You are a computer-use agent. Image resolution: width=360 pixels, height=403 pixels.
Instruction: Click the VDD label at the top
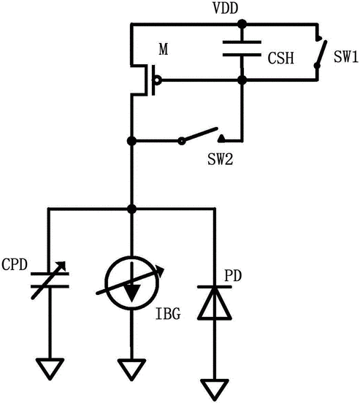point(226,9)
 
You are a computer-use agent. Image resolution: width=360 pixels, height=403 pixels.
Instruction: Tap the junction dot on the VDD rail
point(242,24)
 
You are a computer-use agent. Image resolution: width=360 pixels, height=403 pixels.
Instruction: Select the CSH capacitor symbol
point(242,48)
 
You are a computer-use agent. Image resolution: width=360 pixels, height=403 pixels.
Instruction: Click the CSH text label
point(281,58)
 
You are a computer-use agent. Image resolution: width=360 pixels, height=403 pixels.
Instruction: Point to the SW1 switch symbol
point(320,53)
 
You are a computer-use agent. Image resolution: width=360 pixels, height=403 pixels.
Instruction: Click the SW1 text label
point(346,56)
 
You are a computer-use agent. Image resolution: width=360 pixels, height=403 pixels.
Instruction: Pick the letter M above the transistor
point(164,50)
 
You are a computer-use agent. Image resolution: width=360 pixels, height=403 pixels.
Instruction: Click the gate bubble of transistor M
point(158,80)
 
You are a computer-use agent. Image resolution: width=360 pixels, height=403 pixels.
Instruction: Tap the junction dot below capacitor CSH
point(242,80)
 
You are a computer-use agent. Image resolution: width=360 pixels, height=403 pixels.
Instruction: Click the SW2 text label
point(220,159)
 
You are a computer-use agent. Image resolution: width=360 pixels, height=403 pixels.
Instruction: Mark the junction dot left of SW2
point(131,141)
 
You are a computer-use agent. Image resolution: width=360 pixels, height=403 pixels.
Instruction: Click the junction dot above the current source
point(131,209)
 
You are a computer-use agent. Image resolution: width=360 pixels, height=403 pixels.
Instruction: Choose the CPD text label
point(15,264)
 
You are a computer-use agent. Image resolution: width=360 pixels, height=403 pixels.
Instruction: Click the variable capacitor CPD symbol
point(50,280)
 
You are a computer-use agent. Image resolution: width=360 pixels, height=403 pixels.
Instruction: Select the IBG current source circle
point(131,283)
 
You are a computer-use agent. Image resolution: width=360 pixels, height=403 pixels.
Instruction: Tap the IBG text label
point(168,314)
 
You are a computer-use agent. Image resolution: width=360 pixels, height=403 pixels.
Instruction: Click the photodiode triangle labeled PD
point(215,303)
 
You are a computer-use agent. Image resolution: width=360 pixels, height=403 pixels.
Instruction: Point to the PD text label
point(233,276)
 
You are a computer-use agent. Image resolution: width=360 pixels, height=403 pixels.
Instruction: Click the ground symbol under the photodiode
point(215,390)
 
